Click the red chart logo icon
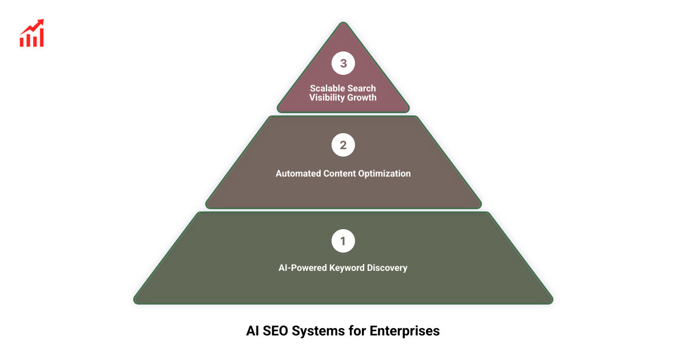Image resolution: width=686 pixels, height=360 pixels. (32, 33)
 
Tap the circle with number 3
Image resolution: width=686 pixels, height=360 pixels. (343, 63)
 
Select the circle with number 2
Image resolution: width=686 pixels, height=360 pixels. (343, 145)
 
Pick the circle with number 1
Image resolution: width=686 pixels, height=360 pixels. (343, 241)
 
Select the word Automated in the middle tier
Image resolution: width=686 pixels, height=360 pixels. (298, 173)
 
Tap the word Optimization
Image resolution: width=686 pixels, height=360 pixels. (384, 173)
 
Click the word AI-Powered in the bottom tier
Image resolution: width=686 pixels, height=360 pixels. (303, 267)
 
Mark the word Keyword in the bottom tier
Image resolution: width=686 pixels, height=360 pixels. (348, 267)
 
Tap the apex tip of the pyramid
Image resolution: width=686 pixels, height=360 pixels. (343, 24)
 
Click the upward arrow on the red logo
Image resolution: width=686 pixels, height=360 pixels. (39, 24)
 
